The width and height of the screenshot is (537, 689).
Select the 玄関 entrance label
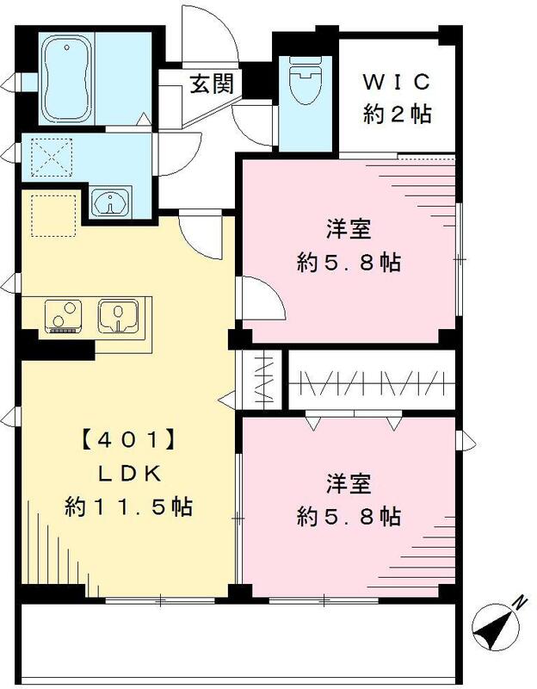pos(210,84)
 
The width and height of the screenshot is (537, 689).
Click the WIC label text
pos(396,82)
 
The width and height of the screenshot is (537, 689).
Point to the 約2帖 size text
pos(396,113)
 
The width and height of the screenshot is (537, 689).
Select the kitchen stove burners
pos(62,316)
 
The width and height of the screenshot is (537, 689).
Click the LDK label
pos(131,475)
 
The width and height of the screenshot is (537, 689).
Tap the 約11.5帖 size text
pos(129,507)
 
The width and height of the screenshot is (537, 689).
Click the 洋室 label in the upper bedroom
pos(349,231)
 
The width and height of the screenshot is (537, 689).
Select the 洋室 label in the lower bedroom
pos(349,484)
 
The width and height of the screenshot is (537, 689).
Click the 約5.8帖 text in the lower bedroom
pos(349,516)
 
